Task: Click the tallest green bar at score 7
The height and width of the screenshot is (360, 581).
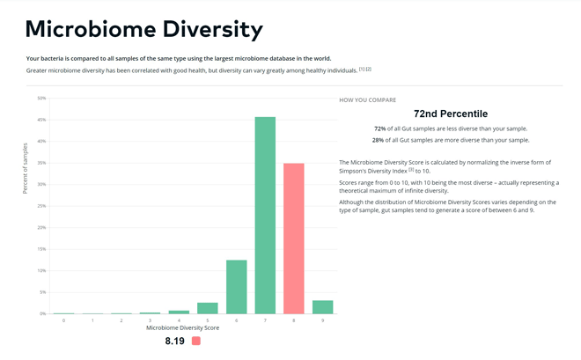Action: click(265, 216)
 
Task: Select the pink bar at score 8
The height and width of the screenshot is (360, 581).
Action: click(293, 239)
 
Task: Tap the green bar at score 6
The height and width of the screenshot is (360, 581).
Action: click(236, 287)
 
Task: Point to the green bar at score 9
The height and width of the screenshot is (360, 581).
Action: click(322, 307)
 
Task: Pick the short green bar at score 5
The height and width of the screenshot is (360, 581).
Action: click(208, 308)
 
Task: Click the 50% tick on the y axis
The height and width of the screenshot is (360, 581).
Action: click(41, 99)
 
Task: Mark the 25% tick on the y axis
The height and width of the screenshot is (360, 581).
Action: click(41, 206)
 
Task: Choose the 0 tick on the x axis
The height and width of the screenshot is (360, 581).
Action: click(63, 320)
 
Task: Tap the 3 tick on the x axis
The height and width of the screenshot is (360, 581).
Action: click(150, 320)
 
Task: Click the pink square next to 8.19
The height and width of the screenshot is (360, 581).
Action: click(196, 341)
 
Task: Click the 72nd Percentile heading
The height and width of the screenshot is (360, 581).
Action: click(450, 114)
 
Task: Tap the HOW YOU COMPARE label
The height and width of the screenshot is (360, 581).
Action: click(367, 100)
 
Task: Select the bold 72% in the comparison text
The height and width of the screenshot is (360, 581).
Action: click(380, 129)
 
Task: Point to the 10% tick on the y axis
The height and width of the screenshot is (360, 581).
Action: click(41, 270)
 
